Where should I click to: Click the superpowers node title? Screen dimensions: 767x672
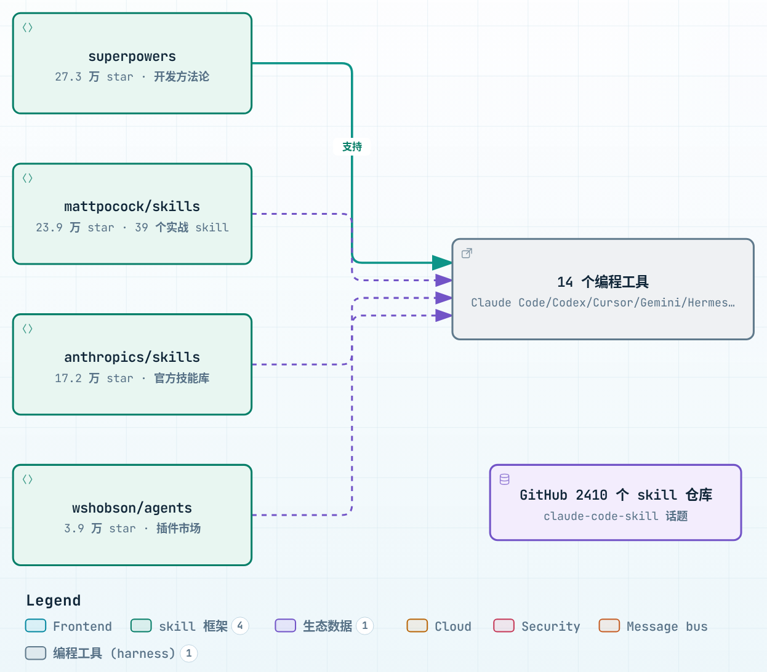click(132, 57)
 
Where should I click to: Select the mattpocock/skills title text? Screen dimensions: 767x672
click(132, 207)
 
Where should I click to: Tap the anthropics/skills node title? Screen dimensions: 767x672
click(132, 357)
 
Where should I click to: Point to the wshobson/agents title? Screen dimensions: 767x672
click(132, 508)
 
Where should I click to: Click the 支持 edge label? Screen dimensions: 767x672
click(352, 146)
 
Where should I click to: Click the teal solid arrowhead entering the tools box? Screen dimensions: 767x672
click(442, 262)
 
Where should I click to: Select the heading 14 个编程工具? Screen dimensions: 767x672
click(603, 282)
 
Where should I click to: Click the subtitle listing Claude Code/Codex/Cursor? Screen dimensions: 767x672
click(603, 303)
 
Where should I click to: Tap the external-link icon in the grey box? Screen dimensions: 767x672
click(467, 254)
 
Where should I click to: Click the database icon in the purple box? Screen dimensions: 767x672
click(504, 479)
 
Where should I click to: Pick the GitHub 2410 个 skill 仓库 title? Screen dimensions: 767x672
click(616, 495)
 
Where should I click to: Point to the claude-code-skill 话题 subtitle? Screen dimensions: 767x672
click(616, 516)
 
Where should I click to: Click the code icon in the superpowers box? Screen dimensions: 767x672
click(27, 28)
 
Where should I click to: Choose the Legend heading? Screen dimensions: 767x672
click(54, 601)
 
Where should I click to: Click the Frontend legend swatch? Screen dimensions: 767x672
click(36, 626)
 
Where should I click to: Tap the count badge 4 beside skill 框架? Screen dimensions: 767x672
click(240, 626)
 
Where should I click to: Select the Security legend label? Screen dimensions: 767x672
click(550, 626)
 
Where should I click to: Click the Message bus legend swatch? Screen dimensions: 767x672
click(609, 626)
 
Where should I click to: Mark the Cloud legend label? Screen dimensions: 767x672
click(453, 626)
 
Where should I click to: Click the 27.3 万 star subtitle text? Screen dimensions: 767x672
click(94, 77)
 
